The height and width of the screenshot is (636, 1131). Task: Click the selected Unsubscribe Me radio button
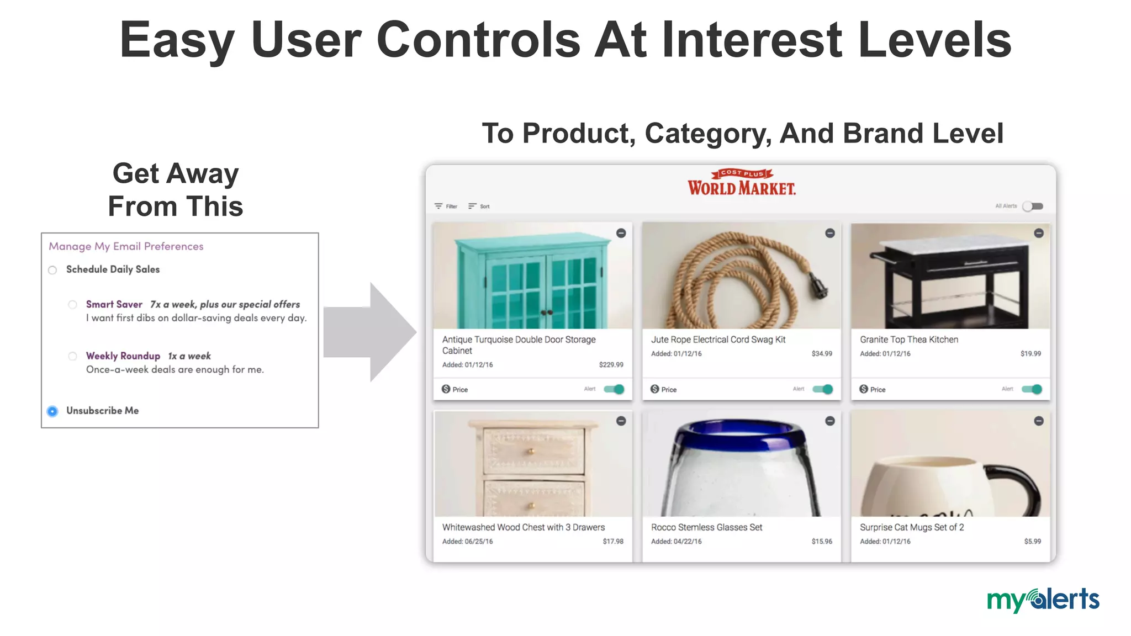click(52, 411)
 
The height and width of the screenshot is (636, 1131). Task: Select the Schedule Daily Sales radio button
click(52, 270)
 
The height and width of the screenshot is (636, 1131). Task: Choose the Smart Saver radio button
click(72, 305)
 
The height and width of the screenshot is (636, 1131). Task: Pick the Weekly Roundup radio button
click(72, 356)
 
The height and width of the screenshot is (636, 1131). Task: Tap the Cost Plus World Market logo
click(741, 183)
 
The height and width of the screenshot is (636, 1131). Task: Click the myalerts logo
click(1043, 600)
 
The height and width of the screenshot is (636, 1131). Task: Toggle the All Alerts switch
click(1032, 206)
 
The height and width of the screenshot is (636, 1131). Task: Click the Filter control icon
click(438, 206)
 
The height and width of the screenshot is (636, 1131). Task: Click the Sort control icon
click(472, 206)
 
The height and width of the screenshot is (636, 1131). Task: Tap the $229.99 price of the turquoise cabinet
click(611, 365)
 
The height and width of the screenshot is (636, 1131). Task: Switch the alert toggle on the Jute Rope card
click(822, 389)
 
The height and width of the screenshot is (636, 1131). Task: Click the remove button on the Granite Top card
click(1038, 234)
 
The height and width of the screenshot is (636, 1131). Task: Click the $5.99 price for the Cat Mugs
click(1032, 542)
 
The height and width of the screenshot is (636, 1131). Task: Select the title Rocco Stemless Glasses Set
click(706, 527)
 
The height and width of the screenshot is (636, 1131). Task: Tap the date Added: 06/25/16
click(467, 542)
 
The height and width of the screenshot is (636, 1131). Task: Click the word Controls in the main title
click(478, 40)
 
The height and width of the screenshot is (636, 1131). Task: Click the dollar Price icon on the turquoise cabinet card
click(446, 389)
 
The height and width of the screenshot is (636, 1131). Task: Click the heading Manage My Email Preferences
click(126, 246)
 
